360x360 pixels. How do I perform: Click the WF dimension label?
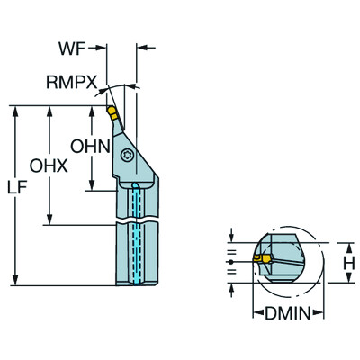click(72, 49)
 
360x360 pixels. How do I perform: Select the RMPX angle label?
click(72, 82)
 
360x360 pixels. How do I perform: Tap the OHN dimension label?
click(90, 147)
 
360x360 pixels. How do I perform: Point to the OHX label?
click(49, 166)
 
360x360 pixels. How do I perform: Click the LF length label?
click(18, 187)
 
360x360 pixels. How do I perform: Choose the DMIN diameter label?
click(288, 314)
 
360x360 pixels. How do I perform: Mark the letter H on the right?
click(349, 263)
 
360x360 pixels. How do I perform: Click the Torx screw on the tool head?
click(125, 156)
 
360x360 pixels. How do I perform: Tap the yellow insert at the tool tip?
click(112, 112)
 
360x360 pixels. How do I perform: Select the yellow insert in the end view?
click(262, 258)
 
